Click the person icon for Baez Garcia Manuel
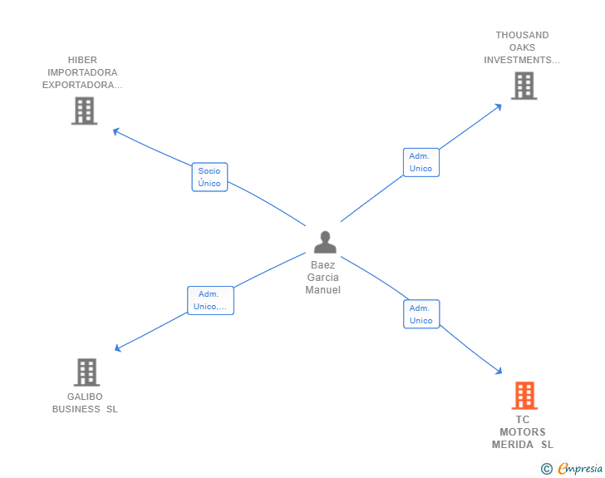[325, 242]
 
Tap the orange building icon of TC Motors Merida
[524, 396]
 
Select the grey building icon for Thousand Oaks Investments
[524, 86]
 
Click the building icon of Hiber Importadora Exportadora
[84, 111]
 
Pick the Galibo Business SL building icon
[86, 372]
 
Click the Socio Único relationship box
[209, 177]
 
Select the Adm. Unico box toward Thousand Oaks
[421, 162]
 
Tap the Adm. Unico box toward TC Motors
[421, 314]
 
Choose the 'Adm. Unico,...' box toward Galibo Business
[210, 300]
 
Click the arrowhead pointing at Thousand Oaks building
[498, 106]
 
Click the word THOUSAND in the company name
[522, 35]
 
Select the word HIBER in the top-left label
[83, 60]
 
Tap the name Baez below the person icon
[323, 265]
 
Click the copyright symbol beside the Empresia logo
[547, 469]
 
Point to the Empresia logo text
[581, 469]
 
